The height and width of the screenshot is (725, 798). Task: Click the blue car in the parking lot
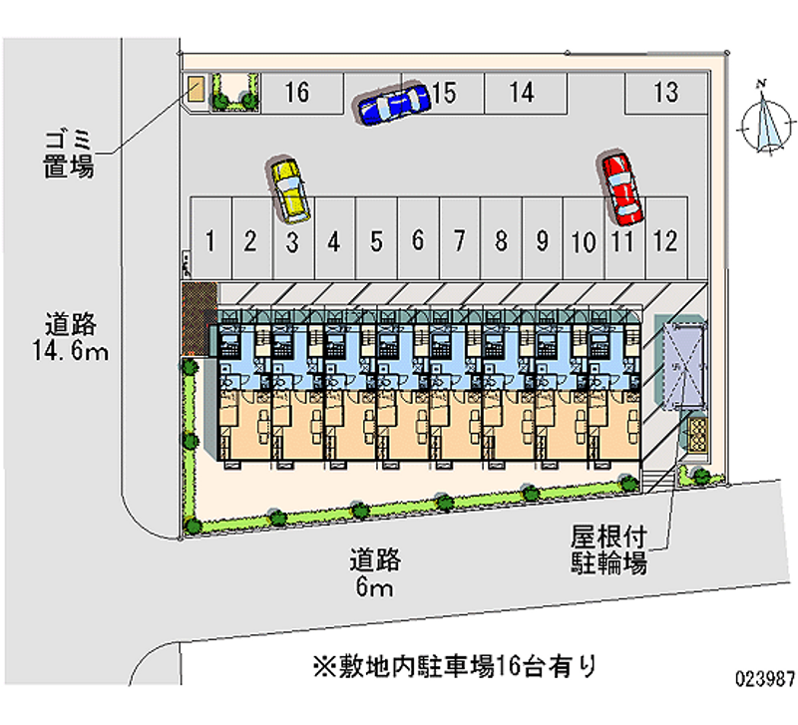[392, 103]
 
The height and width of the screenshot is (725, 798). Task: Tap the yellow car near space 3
[290, 189]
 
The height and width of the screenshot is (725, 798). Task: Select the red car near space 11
[622, 188]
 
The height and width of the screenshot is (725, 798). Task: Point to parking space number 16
[296, 94]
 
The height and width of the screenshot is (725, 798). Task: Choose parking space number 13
[666, 94]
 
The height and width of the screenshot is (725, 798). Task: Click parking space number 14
[521, 94]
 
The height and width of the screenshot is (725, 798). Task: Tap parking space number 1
[211, 240]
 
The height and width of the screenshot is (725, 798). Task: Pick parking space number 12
[665, 240]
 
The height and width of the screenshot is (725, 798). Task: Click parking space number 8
[501, 240]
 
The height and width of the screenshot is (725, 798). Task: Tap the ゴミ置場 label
[69, 154]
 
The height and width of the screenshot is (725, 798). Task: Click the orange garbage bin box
[197, 89]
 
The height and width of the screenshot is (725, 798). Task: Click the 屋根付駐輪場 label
[608, 549]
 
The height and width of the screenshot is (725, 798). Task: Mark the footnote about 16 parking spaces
[454, 665]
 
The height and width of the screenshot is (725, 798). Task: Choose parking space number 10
[584, 240]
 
